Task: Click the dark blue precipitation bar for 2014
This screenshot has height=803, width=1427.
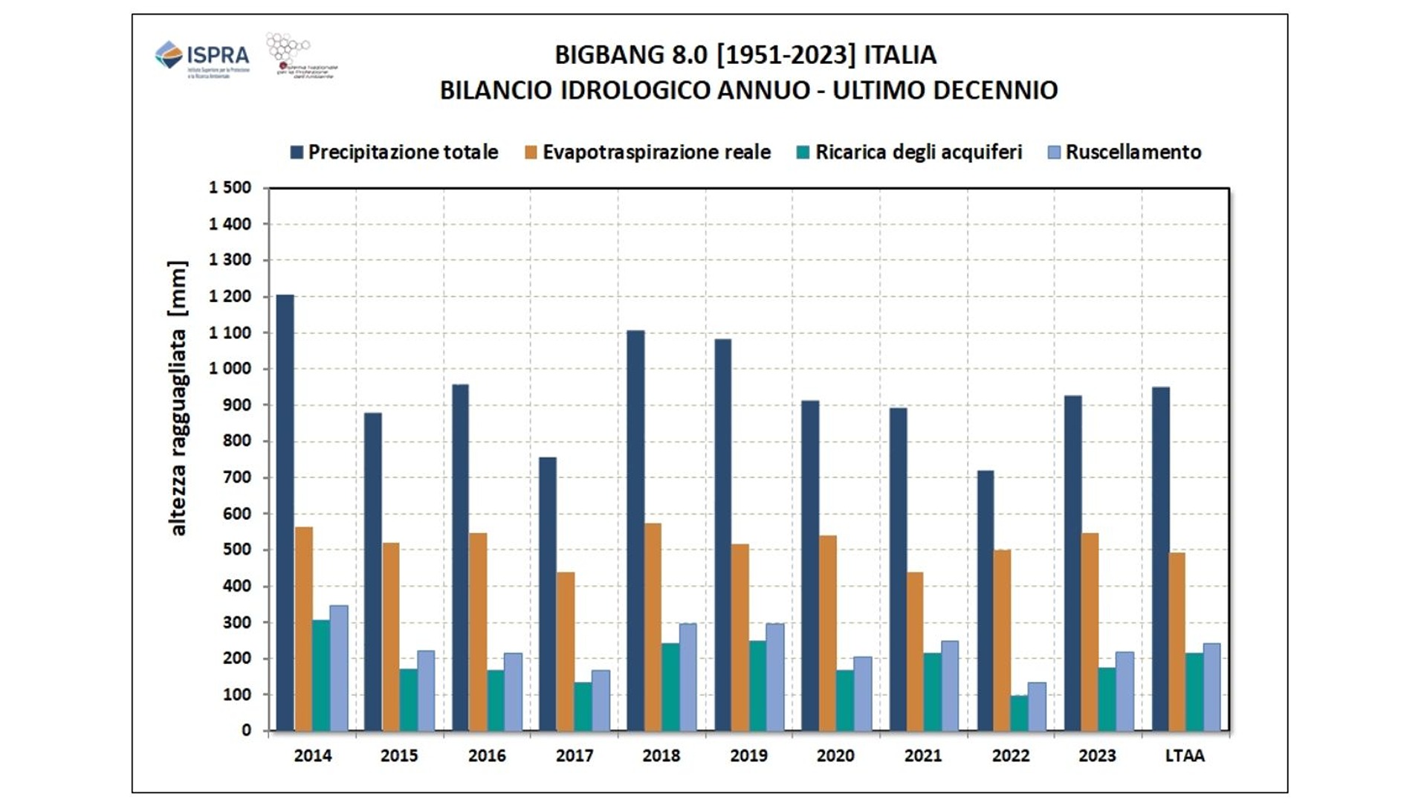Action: tap(285, 513)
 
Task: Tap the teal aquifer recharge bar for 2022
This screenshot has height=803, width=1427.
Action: tap(1020, 713)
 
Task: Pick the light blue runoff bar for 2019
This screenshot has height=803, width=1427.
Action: tap(775, 677)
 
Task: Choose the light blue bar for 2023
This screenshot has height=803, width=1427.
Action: tap(1125, 691)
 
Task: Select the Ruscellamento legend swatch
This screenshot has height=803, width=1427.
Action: tap(1054, 152)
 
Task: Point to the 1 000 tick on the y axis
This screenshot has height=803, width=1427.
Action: tap(230, 369)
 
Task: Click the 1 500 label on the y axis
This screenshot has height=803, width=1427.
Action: tap(230, 187)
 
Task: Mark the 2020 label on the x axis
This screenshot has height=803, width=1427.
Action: tap(835, 756)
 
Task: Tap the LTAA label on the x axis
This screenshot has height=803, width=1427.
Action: tap(1185, 756)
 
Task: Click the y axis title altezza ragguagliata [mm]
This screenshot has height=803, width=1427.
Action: tap(178, 398)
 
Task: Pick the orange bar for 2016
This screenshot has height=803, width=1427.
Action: tap(478, 632)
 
